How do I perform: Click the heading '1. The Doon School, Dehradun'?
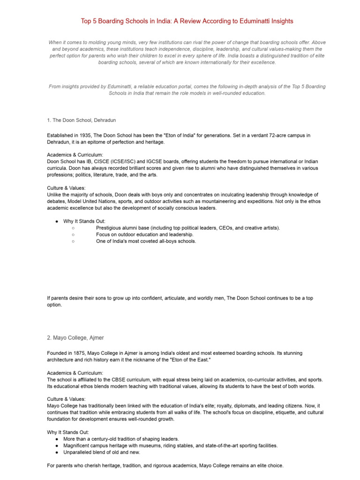click(x=81, y=120)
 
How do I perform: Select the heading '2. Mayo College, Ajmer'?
click(x=75, y=337)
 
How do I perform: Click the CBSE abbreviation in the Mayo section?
click(x=124, y=379)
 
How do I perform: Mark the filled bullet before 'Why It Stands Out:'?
click(x=56, y=221)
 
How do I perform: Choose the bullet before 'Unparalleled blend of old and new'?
click(x=56, y=452)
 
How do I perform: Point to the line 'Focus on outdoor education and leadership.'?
click(x=144, y=234)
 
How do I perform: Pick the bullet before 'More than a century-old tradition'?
click(x=56, y=439)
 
